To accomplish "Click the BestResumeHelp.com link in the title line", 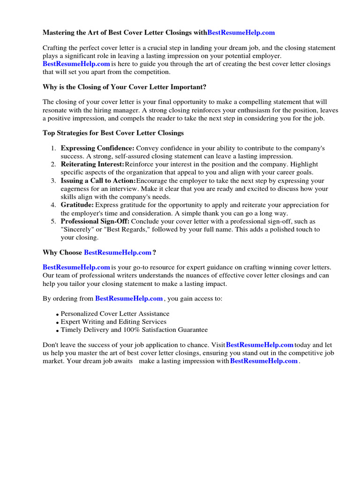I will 241,33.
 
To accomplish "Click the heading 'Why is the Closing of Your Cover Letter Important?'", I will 124,88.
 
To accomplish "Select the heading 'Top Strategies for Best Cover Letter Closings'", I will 113,133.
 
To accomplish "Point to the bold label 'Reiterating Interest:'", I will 92,165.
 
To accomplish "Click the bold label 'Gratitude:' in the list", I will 77,205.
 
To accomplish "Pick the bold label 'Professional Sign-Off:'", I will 95,221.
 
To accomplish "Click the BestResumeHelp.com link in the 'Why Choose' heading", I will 118,253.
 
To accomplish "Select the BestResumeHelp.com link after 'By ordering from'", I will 129,299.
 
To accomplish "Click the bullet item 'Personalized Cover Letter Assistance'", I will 115,314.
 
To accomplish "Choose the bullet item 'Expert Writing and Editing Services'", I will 113,322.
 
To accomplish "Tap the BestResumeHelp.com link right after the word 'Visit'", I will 260,345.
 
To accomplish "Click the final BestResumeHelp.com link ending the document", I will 264,361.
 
